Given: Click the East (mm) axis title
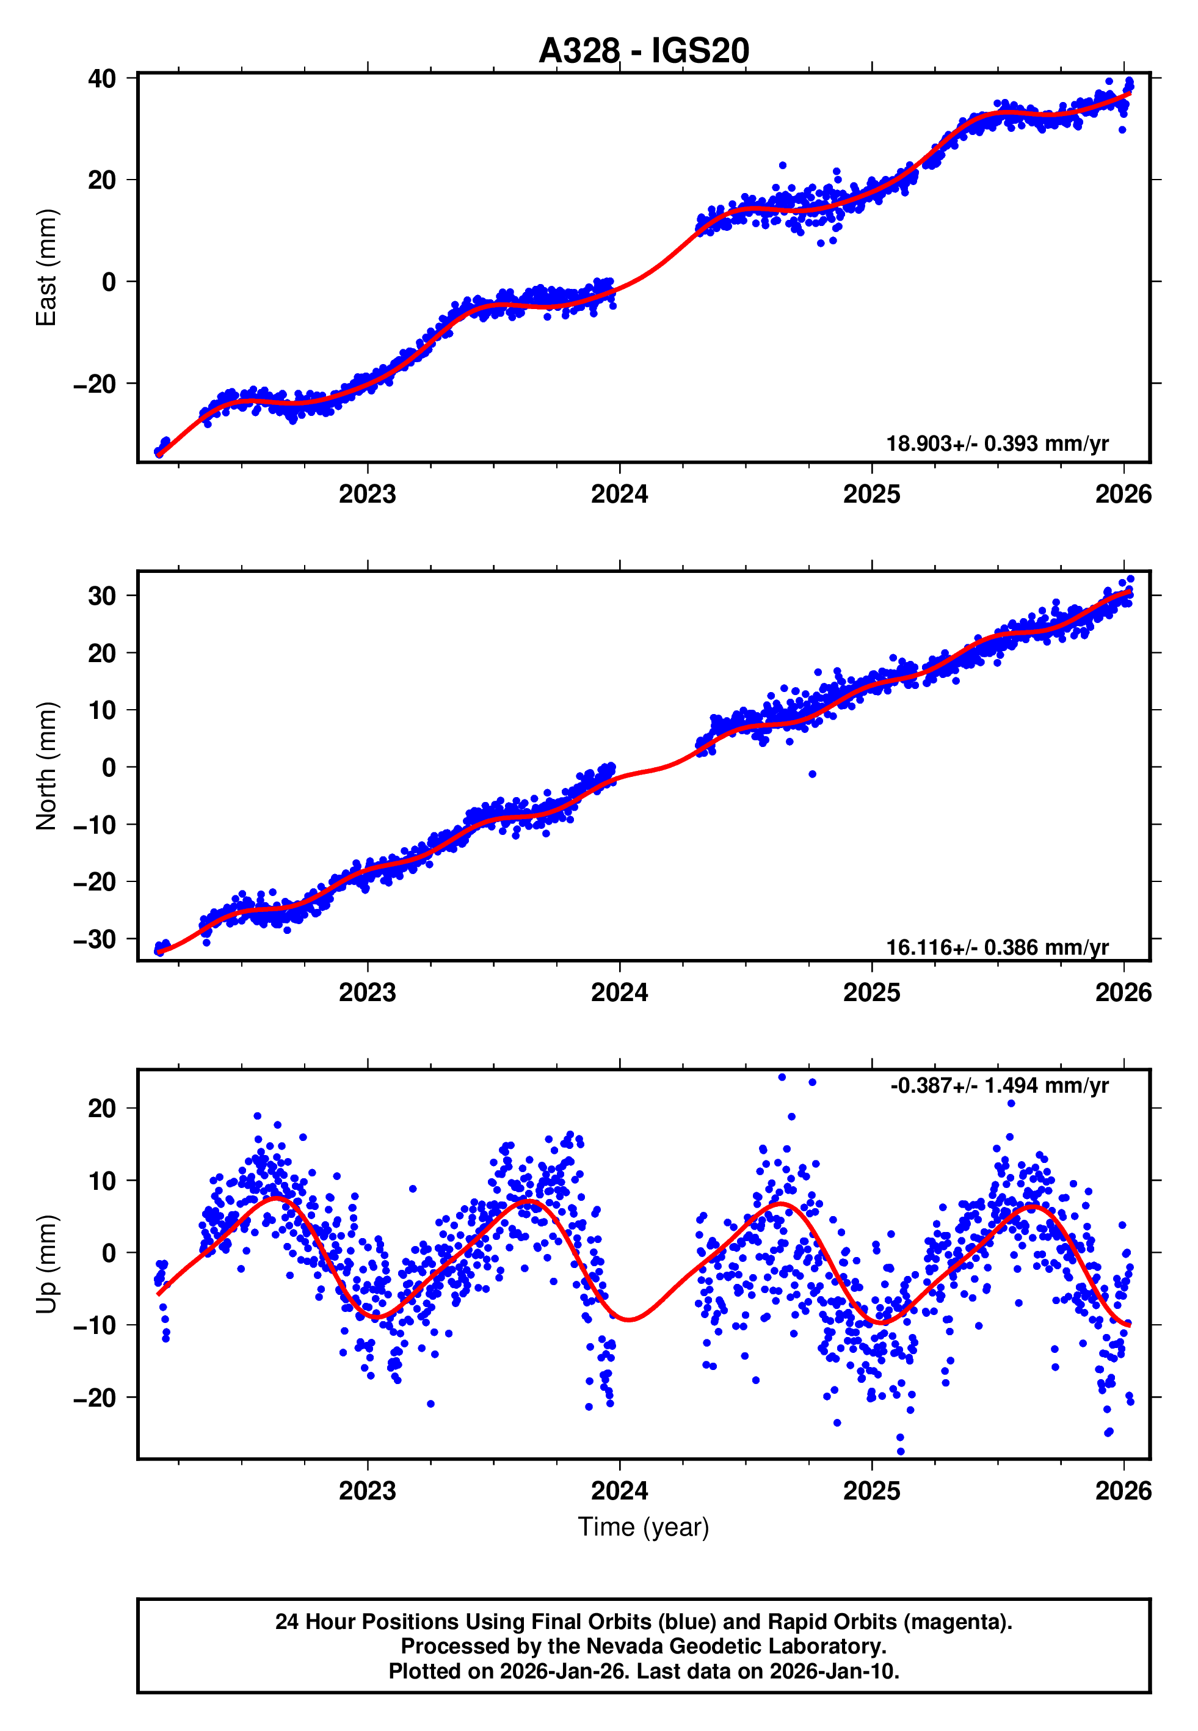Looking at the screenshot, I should [x=46, y=268].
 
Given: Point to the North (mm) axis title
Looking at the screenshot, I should [x=46, y=766].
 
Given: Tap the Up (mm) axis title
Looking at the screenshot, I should [x=46, y=1264].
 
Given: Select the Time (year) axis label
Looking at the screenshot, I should [x=644, y=1527].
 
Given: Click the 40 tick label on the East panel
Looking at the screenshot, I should [x=101, y=78].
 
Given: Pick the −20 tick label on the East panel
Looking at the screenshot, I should [x=95, y=384].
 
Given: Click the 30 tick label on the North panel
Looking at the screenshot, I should [x=101, y=596].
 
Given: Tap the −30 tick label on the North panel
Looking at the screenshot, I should [x=95, y=939].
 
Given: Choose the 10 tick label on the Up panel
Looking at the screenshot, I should [x=101, y=1181].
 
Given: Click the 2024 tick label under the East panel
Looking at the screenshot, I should [x=619, y=494].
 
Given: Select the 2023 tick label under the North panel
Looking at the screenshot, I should [x=367, y=993].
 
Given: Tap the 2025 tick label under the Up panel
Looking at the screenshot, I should [x=871, y=1491].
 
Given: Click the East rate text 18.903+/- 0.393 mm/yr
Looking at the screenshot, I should [x=997, y=443].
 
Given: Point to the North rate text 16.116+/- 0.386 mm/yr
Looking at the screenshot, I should [x=997, y=947].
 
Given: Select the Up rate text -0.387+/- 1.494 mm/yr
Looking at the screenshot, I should [x=999, y=1085].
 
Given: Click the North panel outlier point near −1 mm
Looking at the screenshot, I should [x=812, y=774].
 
